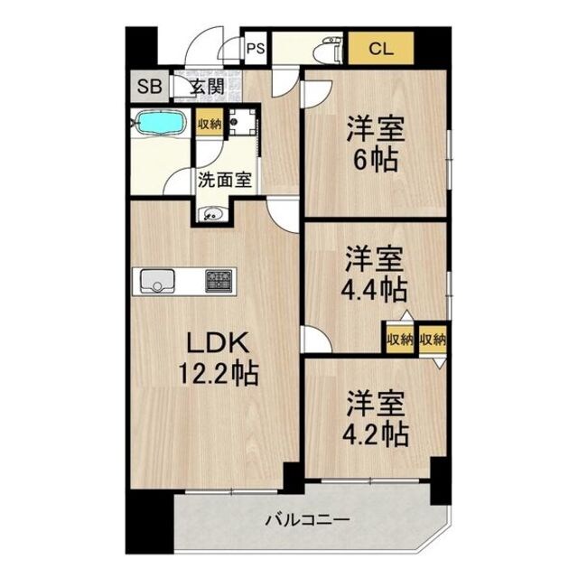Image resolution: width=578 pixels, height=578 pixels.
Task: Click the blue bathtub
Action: [160, 122]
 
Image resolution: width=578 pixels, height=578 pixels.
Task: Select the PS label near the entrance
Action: [254, 48]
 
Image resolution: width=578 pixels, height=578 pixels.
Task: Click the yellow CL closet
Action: [380, 48]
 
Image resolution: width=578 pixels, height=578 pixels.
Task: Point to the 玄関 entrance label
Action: [207, 88]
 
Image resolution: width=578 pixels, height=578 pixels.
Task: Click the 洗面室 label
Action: [225, 179]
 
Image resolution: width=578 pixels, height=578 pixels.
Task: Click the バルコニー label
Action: [307, 520]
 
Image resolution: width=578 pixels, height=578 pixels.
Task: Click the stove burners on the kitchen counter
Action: [219, 281]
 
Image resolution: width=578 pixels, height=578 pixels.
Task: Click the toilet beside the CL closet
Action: [331, 51]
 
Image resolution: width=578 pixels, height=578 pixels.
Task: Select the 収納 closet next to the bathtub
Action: [210, 124]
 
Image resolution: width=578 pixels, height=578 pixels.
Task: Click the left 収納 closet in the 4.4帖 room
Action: [400, 340]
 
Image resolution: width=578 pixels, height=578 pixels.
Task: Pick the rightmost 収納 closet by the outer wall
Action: [433, 340]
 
